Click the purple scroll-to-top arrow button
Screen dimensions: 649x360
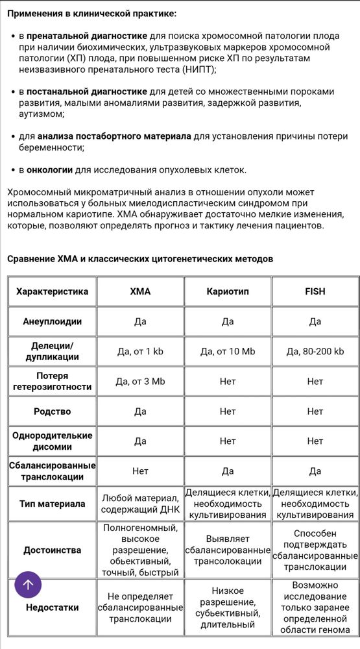28,584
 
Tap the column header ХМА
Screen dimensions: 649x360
140,291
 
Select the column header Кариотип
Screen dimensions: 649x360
228,291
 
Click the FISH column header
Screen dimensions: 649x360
315,291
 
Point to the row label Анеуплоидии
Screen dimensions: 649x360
52,321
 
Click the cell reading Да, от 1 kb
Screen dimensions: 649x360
140,351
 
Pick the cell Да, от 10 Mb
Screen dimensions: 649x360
228,351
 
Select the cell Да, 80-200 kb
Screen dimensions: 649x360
315,351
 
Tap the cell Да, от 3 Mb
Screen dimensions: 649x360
140,381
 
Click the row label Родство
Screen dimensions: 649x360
52,411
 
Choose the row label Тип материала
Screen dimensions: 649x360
52,504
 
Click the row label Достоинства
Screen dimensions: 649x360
52,550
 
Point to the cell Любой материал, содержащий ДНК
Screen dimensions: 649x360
140,504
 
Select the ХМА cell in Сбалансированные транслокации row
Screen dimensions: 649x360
140,471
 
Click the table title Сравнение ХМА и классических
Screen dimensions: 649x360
140,259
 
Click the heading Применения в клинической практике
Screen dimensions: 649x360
91,13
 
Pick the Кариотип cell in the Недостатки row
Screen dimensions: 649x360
228,607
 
